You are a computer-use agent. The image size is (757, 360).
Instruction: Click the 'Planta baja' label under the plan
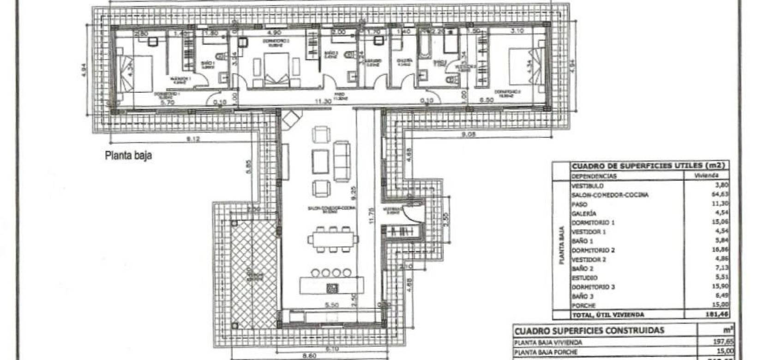click(x=128, y=156)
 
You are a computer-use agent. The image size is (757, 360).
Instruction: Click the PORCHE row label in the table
click(x=583, y=306)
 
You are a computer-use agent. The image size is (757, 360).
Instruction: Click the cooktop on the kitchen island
click(x=332, y=288)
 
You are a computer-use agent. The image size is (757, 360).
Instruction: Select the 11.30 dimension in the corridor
click(x=322, y=101)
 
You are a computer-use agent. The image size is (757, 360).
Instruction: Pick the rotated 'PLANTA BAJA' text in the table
click(x=562, y=245)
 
